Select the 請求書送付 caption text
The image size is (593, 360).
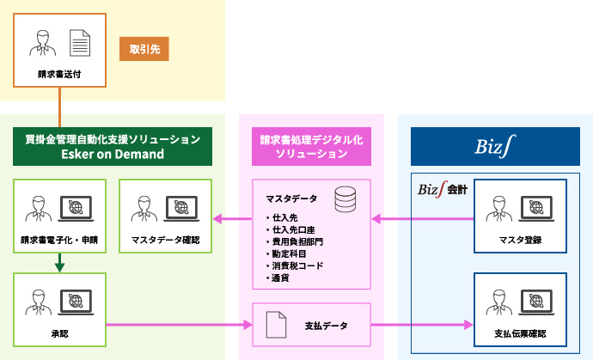point(59,74)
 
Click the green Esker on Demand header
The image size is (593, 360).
point(113,146)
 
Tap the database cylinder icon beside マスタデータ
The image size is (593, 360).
point(345,201)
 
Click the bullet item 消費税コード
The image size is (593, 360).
point(298,265)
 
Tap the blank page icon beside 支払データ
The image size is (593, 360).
point(276,325)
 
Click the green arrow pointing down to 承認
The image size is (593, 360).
point(59,265)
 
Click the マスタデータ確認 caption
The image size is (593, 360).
point(166,240)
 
